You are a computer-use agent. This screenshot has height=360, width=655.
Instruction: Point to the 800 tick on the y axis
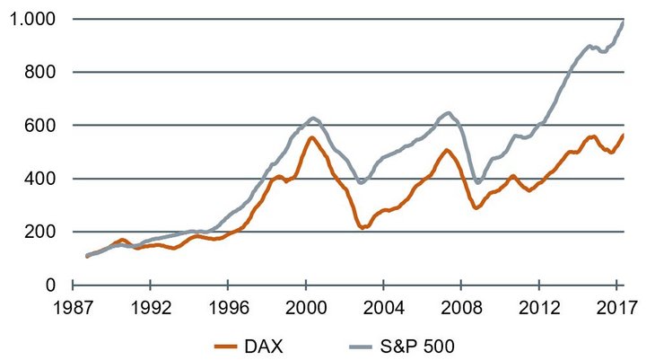click(x=39, y=72)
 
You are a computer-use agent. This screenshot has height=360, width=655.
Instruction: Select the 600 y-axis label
click(x=39, y=126)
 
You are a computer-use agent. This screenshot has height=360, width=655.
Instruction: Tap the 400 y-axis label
click(x=39, y=179)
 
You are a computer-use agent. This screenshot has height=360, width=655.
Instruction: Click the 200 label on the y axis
click(x=39, y=232)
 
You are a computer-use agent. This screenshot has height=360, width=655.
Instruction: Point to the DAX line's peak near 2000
click(x=310, y=137)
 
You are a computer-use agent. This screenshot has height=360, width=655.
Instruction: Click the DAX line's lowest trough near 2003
click(x=364, y=228)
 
